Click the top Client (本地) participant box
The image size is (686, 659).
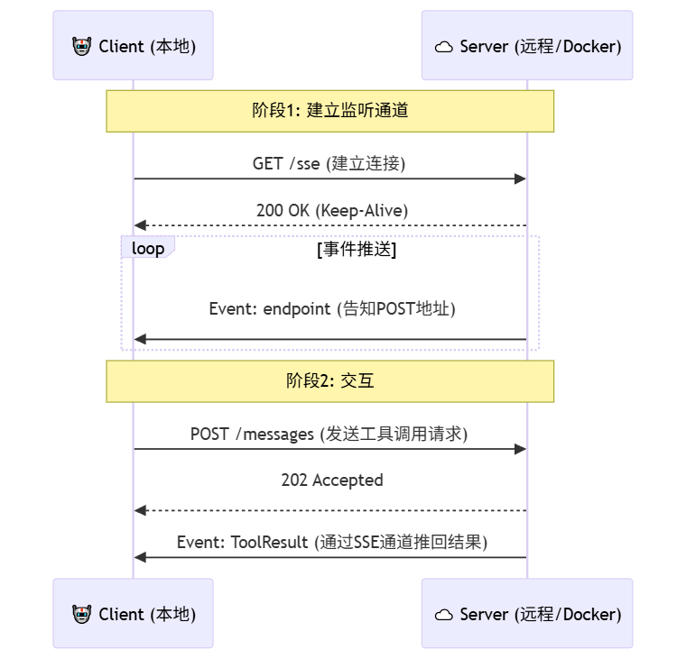(133, 46)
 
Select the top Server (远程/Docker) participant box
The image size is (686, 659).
(527, 46)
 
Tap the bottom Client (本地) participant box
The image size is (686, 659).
(133, 614)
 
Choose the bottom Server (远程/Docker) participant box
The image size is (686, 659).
(527, 614)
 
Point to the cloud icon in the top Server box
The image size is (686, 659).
(444, 47)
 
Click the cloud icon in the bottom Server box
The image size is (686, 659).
(444, 615)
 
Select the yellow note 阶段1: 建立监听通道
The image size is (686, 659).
(329, 111)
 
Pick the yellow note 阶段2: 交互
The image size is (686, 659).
(329, 381)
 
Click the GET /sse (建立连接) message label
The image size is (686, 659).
(329, 163)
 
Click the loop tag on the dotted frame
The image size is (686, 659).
(147, 248)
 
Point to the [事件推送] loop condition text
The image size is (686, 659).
(357, 250)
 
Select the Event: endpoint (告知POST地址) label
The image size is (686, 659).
(331, 308)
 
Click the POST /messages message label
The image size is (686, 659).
(329, 434)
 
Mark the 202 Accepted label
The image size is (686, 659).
(331, 480)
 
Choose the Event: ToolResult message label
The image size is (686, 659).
(331, 542)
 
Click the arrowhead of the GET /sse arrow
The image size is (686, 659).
(520, 178)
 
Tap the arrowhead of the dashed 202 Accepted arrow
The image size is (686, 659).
(140, 511)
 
